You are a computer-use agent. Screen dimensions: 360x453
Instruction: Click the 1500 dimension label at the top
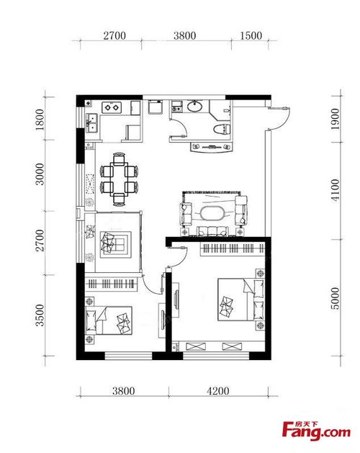(x=251, y=35)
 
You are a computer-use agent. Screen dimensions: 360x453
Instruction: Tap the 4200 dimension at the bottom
(x=218, y=391)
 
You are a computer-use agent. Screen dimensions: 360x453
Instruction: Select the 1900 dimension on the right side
(x=335, y=119)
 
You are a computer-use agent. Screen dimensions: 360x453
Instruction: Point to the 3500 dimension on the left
(x=40, y=315)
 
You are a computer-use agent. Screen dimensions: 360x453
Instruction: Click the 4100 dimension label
(x=335, y=190)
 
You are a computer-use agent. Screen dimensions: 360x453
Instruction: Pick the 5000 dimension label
(x=335, y=298)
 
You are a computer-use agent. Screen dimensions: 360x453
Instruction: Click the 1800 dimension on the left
(x=40, y=120)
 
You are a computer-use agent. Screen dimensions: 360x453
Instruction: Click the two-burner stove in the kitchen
(x=112, y=107)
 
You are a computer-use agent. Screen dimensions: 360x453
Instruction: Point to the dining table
(x=119, y=179)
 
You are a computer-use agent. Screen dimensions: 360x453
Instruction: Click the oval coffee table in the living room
(x=212, y=214)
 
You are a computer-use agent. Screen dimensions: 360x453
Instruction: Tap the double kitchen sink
(x=92, y=122)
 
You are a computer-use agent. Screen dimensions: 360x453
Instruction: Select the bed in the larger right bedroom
(x=240, y=300)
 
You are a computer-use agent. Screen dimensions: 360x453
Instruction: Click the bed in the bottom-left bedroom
(x=109, y=320)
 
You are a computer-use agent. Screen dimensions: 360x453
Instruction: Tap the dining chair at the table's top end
(x=119, y=158)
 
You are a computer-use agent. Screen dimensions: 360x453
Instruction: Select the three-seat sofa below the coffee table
(x=212, y=231)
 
